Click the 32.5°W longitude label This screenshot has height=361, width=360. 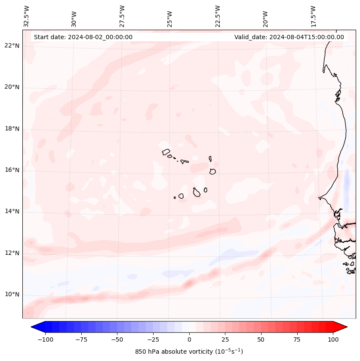pyautogui.click(x=27, y=16)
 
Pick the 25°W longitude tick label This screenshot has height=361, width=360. pyautogui.click(x=170, y=16)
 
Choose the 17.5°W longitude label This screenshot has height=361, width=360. pyautogui.click(x=313, y=16)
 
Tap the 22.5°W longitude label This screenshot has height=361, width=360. pyautogui.click(x=218, y=16)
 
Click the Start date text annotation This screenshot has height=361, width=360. pyautogui.click(x=83, y=37)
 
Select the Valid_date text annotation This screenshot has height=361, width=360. pyautogui.click(x=289, y=37)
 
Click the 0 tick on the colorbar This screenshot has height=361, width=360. pyautogui.click(x=189, y=339)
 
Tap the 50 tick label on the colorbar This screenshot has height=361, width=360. pyautogui.click(x=261, y=339)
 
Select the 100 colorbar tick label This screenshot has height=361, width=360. pyautogui.click(x=332, y=339)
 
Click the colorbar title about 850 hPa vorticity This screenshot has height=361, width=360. pyautogui.click(x=189, y=352)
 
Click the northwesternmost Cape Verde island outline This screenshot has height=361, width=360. pyautogui.click(x=166, y=151)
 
